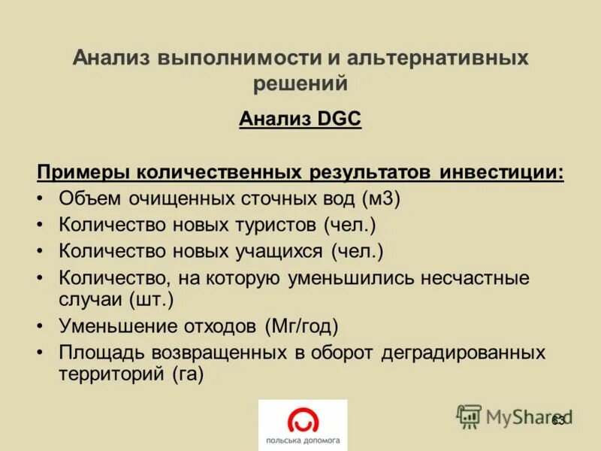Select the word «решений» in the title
(300, 84)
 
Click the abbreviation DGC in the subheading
(330, 119)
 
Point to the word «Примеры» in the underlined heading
(83, 172)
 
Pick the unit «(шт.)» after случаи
(151, 300)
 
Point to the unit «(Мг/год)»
(301, 326)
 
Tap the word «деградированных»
(464, 353)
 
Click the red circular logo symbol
(303, 420)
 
